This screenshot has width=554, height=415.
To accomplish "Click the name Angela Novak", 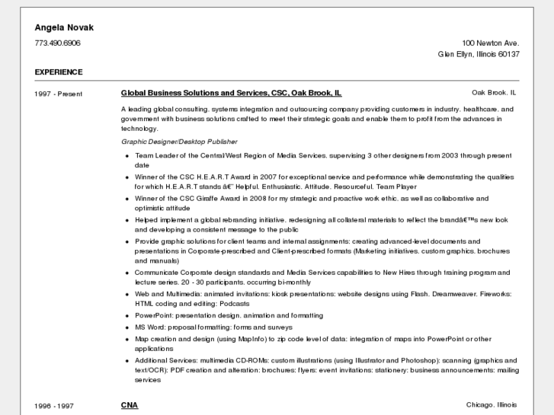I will pos(64,27).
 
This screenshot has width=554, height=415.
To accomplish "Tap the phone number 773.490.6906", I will pos(57,43).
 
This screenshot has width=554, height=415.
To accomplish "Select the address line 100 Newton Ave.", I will pos(490,43).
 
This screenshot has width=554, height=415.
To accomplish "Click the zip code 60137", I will pos(508,55).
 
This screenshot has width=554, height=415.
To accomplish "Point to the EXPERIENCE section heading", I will pos(59,72).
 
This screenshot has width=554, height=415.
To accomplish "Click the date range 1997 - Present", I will pos(59,94).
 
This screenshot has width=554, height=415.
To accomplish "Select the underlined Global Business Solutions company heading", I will pos(231,93).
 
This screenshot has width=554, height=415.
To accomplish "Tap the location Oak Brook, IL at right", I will pos(494,93).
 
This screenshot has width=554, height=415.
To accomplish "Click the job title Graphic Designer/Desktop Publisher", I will pos(179,142).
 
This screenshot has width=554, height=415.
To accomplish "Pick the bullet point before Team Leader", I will pos(126,156).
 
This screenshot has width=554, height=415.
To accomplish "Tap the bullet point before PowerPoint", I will pos(126,316).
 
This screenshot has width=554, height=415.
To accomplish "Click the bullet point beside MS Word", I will pos(126,327).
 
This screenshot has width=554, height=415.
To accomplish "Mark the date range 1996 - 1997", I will pos(54,406).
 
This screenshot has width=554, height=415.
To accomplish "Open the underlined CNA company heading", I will pos(130,405).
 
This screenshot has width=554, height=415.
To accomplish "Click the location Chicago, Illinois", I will pos(492,405).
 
